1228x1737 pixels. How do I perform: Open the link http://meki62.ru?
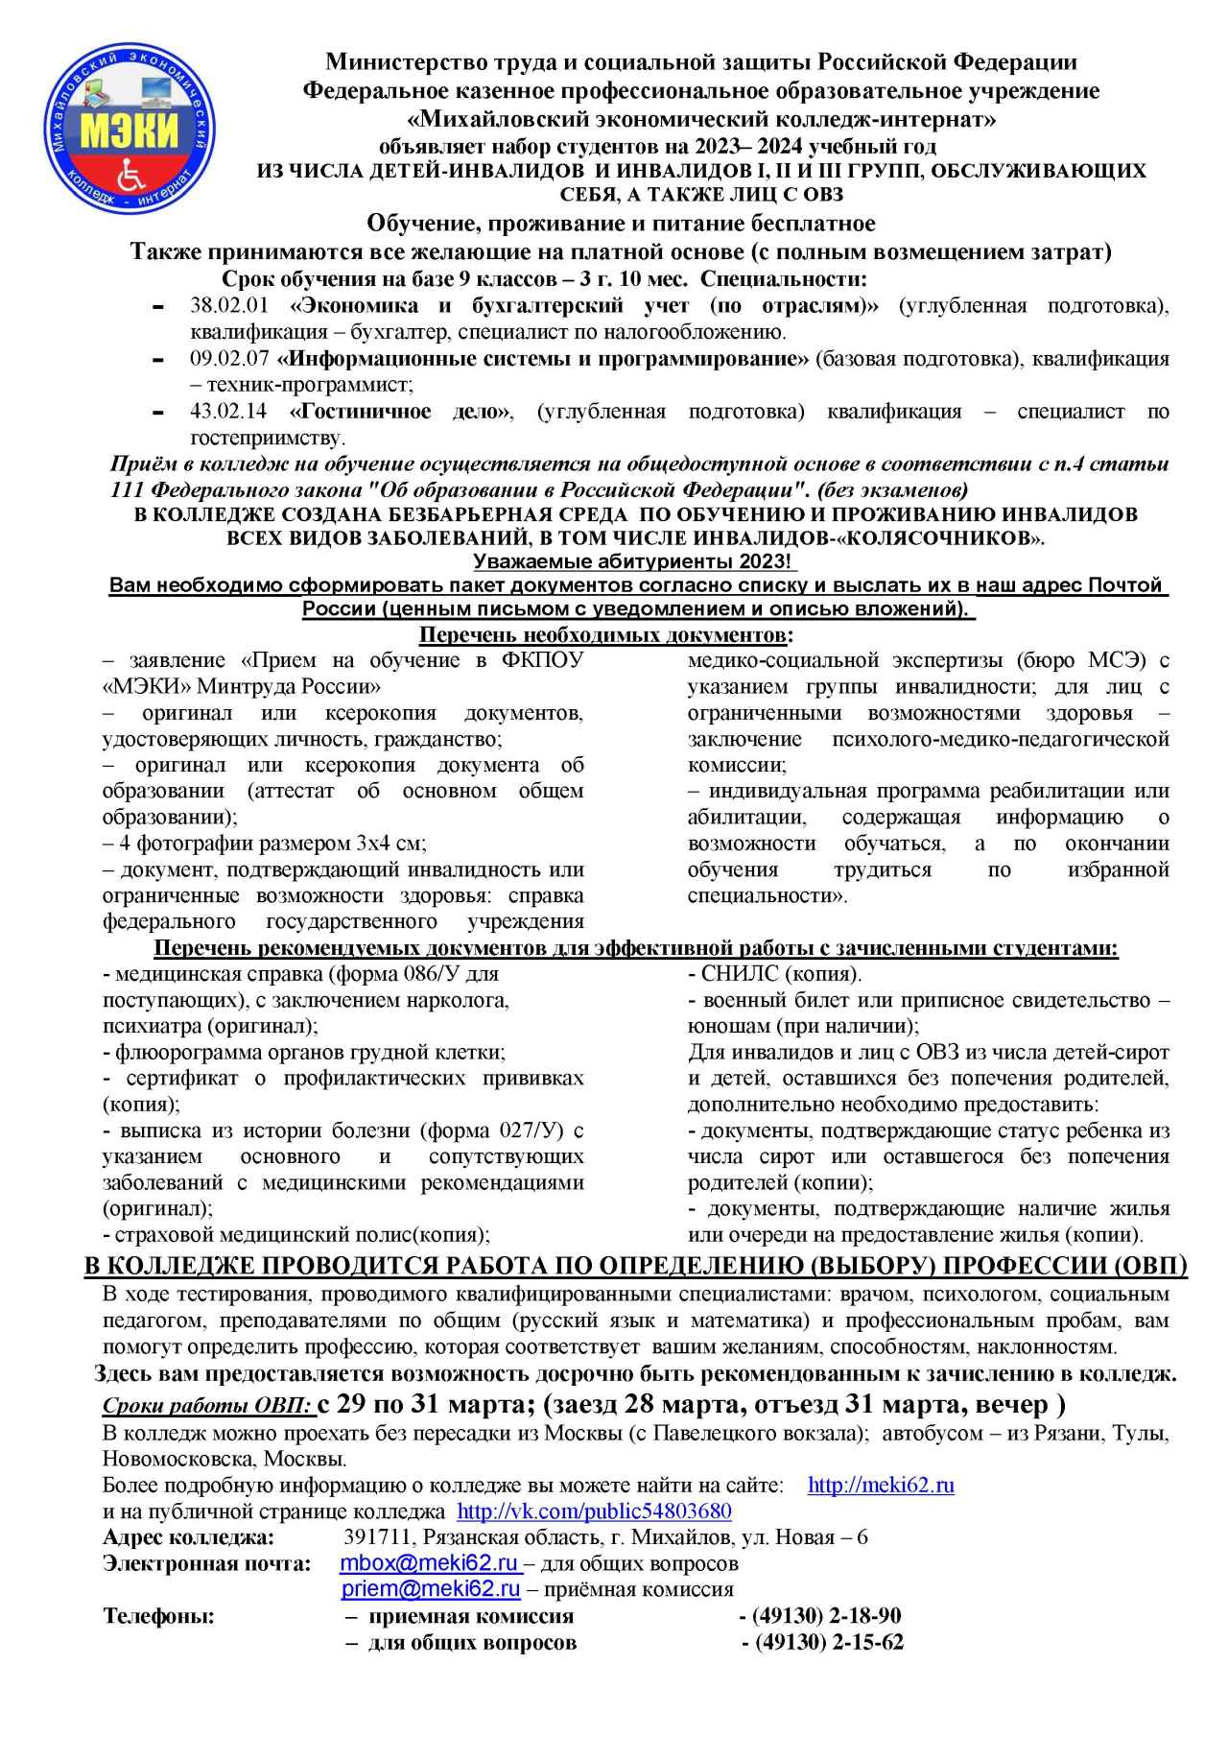tap(881, 1486)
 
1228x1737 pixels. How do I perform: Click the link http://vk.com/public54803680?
tap(594, 1511)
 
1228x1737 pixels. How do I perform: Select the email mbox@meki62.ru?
tap(430, 1563)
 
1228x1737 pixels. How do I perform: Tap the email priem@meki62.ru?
tap(431, 1589)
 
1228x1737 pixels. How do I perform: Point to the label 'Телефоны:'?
tap(158, 1616)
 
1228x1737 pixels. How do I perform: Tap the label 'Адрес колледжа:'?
tap(188, 1537)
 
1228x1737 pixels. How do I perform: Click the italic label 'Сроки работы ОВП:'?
tap(207, 1407)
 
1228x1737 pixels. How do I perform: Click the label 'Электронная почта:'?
tap(206, 1563)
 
